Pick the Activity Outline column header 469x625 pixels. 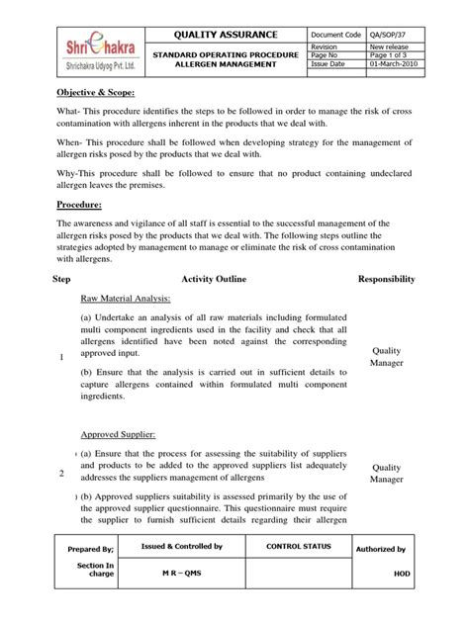point(221,281)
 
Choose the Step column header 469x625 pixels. point(62,281)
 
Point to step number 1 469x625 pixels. point(61,357)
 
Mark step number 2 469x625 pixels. point(61,473)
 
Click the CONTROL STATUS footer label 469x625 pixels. point(296,546)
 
